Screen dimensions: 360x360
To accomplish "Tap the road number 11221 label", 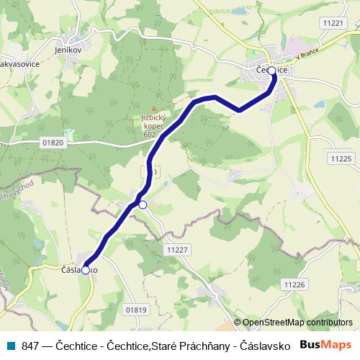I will pyautogui.click(x=334, y=23).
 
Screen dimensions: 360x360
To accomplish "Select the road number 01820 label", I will pyautogui.click(x=53, y=143).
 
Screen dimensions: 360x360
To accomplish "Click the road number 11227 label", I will pyautogui.click(x=176, y=249).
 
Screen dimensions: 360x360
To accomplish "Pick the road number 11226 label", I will pyautogui.click(x=295, y=285).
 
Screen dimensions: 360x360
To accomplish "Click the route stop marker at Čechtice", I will pyautogui.click(x=271, y=71).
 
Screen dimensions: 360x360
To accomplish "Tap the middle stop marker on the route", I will pyautogui.click(x=143, y=205).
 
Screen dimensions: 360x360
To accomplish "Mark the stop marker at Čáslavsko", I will pyautogui.click(x=86, y=270).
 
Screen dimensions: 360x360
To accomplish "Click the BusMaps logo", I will pyautogui.click(x=325, y=344).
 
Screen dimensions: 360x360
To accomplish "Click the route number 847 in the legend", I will pyautogui.click(x=30, y=345).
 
